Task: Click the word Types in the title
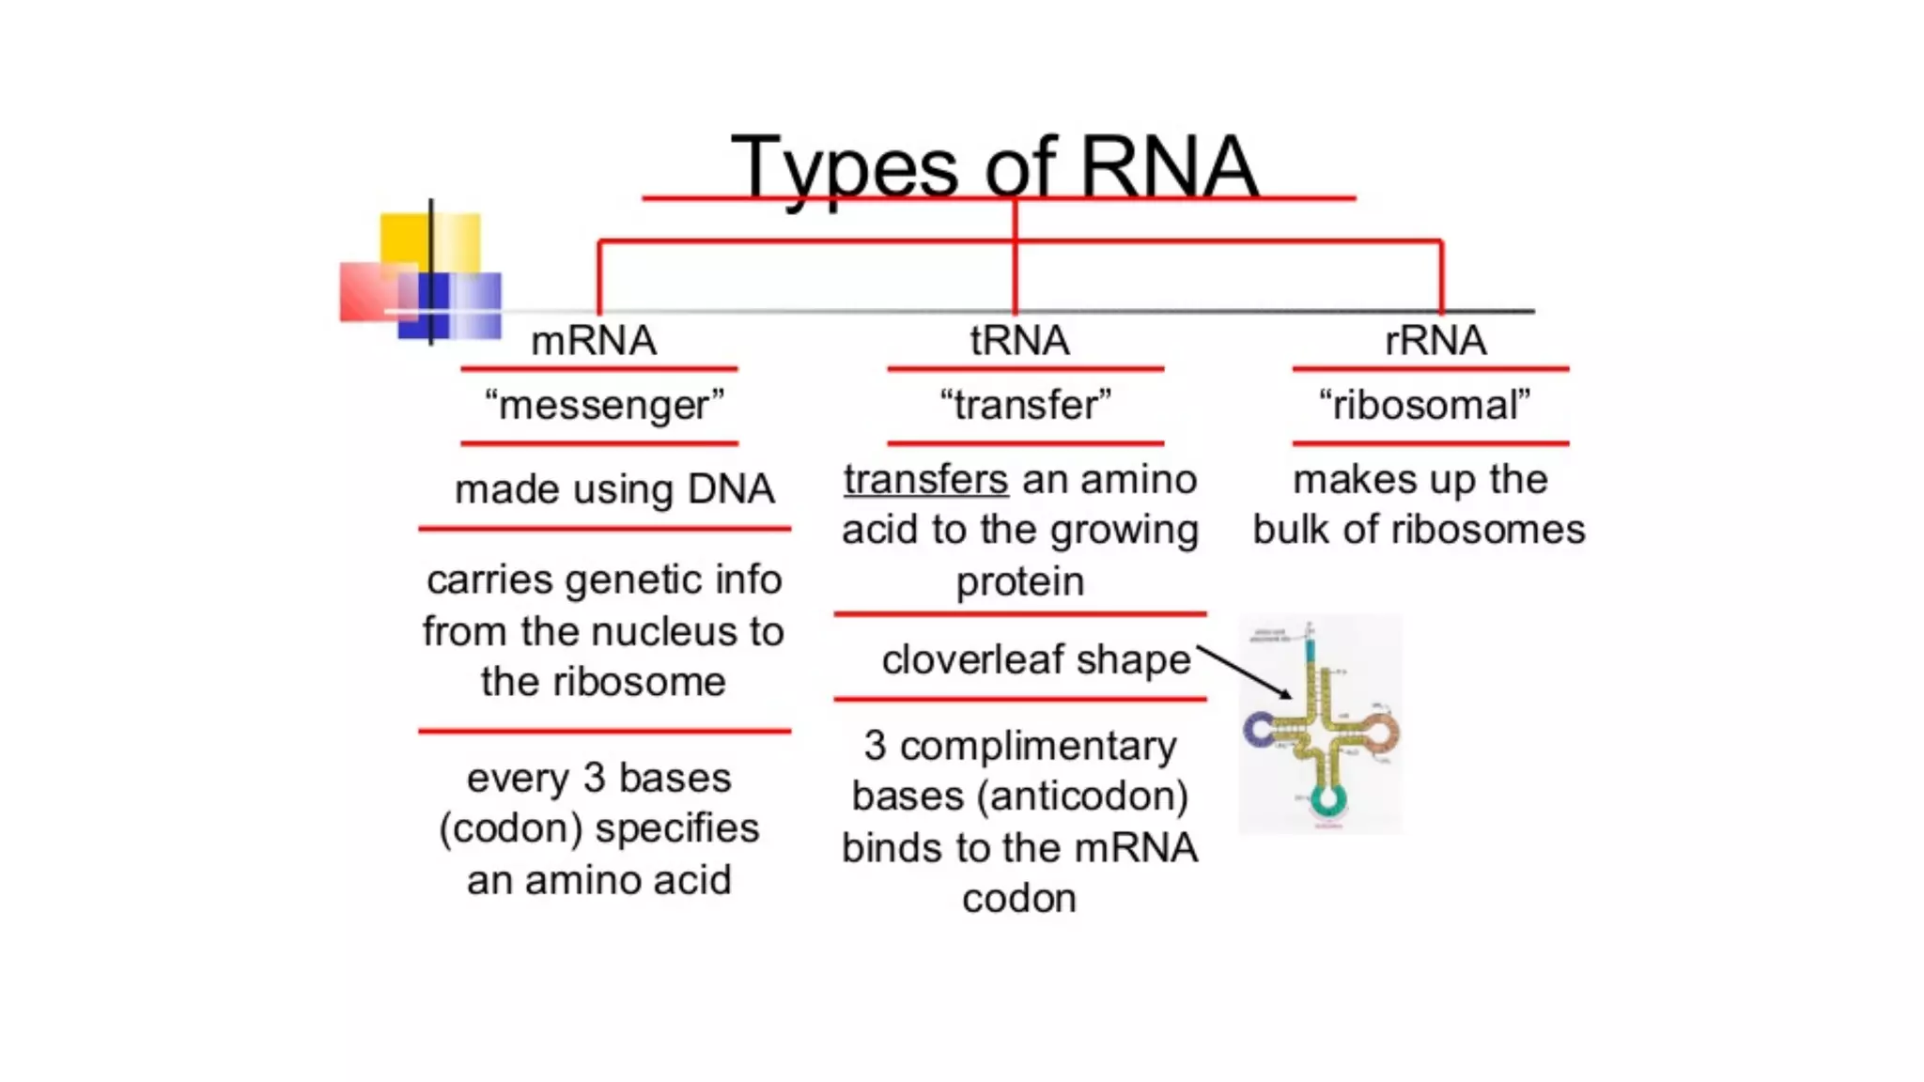click(843, 169)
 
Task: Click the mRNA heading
click(593, 340)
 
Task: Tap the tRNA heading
click(1019, 340)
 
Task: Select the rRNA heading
click(1435, 340)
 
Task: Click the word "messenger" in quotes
click(604, 406)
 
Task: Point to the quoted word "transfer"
click(1025, 406)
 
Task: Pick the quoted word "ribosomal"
click(1424, 406)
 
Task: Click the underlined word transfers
click(925, 480)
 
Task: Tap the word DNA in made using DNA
click(730, 489)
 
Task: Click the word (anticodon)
click(1082, 796)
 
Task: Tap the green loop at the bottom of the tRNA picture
click(1327, 800)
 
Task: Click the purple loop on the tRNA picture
click(1258, 729)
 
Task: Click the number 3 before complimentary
click(875, 746)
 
